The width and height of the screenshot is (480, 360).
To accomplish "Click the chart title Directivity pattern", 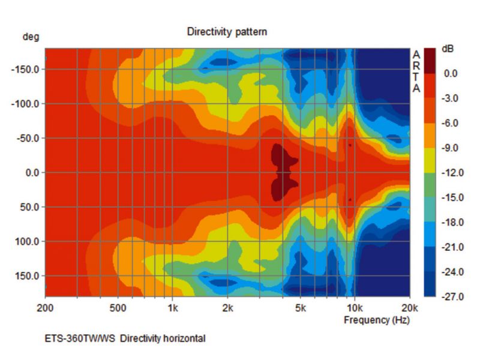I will coord(227,31).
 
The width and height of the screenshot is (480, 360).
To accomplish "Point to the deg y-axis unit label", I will coord(31,37).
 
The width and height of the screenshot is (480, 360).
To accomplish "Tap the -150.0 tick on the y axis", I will coord(25,69).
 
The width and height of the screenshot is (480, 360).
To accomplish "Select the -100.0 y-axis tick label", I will coord(25,104).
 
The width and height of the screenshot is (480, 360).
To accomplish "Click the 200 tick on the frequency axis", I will coord(46,308).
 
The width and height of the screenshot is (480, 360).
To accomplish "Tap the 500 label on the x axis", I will coord(118,308).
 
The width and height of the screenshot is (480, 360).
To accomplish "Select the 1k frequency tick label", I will coord(173,308).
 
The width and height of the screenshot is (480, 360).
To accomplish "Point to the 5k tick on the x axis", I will coord(301,308).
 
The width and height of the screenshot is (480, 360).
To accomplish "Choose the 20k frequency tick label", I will coord(409,308).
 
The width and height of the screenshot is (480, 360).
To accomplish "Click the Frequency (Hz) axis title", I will coord(376,320).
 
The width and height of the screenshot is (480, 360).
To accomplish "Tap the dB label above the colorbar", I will coord(448,49).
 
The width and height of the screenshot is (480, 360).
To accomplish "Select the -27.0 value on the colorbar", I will coord(450,297).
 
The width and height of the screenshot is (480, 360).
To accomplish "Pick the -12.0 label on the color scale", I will coord(450,173).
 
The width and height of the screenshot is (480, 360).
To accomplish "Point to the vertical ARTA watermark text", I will coord(416,71).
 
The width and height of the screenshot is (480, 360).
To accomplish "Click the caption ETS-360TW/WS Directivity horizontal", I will coord(125,338).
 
